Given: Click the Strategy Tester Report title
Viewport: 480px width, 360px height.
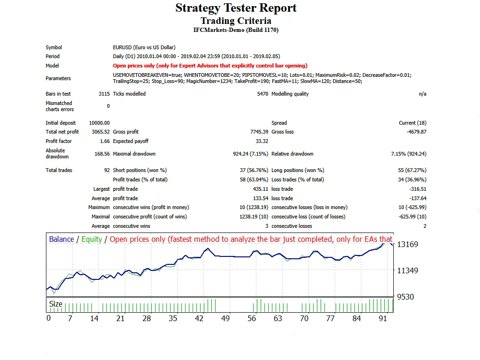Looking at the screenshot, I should tap(236, 8).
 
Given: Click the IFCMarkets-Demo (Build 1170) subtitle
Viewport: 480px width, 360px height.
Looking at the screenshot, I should tap(236, 30).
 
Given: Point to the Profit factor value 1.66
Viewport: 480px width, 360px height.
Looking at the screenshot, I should tap(105, 142).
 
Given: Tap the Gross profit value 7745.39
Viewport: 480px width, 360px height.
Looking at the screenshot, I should tap(259, 132).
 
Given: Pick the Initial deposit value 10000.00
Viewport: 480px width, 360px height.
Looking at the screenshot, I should tap(99, 123).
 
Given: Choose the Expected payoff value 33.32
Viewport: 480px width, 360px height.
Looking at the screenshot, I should tap(262, 142).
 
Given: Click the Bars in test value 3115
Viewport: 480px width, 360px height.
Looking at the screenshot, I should tap(104, 94).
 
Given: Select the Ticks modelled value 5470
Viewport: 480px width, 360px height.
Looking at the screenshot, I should tap(262, 94).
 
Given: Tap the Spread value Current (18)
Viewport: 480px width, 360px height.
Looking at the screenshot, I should tap(412, 123).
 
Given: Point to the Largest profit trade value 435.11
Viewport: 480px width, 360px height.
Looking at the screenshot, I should tap(261, 189).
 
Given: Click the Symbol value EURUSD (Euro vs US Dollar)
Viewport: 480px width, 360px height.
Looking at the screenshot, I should tap(144, 47).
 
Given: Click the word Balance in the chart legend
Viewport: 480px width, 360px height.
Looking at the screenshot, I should tap(61, 240).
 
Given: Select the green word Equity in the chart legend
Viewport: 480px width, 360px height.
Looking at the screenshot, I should tap(91, 240).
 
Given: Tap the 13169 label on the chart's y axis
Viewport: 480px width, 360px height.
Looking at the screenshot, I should tap(407, 245).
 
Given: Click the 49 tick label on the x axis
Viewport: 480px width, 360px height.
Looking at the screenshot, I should tap(226, 319).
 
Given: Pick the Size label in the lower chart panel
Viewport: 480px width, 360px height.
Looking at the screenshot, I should tap(56, 304).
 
